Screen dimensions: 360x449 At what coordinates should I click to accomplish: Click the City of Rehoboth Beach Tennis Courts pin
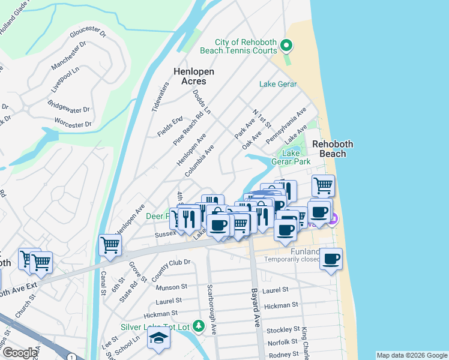click(287, 46)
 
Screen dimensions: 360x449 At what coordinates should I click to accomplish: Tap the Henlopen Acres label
click(194, 76)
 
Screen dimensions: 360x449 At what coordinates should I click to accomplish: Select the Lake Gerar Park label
click(296, 157)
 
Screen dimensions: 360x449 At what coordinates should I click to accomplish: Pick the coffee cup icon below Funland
click(331, 259)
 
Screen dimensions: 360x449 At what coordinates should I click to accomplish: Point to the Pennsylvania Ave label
click(286, 125)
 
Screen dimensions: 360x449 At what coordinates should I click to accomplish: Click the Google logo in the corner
click(20, 353)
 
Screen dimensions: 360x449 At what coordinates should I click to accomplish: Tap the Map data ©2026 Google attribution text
click(412, 355)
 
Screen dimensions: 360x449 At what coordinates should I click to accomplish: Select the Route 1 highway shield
click(71, 357)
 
